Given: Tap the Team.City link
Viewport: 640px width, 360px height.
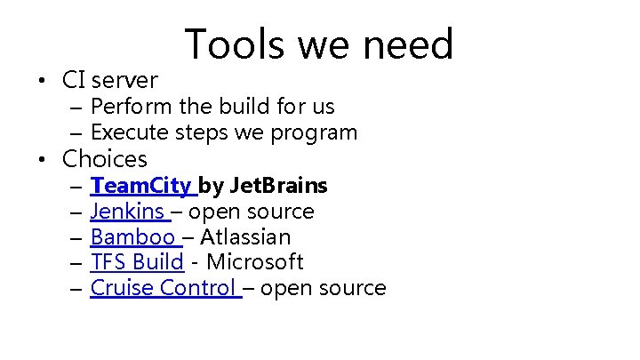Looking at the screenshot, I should tap(141, 186).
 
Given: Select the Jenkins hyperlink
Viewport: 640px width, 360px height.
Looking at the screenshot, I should tap(128, 212).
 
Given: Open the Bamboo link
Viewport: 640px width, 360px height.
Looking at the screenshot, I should tap(133, 237).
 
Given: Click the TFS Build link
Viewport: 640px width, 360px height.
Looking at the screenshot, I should tap(137, 262).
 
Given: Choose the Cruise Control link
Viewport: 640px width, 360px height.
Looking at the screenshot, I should tap(164, 288).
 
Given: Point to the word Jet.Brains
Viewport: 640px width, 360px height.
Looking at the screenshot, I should tap(278, 186).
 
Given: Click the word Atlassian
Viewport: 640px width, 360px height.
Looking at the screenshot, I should tap(245, 237).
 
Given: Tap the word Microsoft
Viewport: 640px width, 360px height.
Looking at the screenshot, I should tap(255, 262).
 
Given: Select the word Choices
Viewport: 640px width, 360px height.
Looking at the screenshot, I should tap(104, 160).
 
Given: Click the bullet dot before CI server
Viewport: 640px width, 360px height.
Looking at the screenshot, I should tap(42, 81).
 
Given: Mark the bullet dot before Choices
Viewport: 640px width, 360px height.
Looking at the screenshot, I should tap(42, 161).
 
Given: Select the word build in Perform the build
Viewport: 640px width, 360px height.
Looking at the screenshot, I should tap(236, 107).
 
